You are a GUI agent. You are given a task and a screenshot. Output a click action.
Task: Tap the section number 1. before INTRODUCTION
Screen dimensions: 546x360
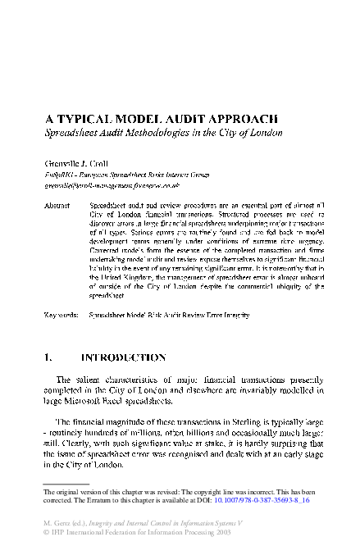click(x=50, y=358)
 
